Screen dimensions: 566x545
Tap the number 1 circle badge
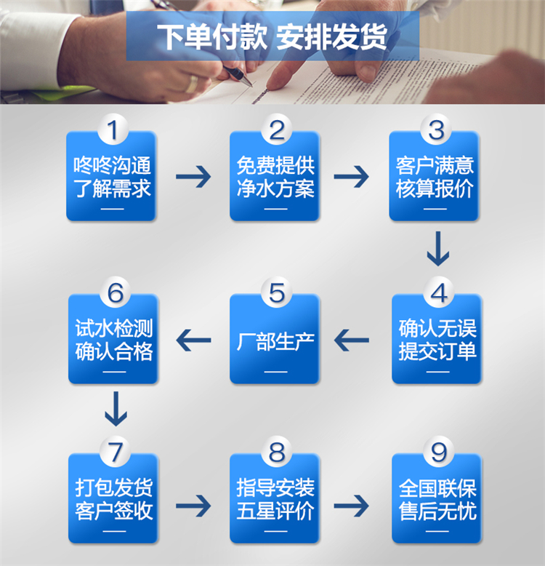pos(112,131)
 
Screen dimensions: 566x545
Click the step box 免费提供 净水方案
pos(275,178)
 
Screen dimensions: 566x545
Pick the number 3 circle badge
pos(436,131)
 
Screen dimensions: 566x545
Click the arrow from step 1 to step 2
pos(193,176)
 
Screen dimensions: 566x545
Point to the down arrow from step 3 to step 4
pos(437,249)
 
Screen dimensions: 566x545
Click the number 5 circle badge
pos(277,293)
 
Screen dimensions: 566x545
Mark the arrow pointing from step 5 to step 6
pos(193,338)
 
